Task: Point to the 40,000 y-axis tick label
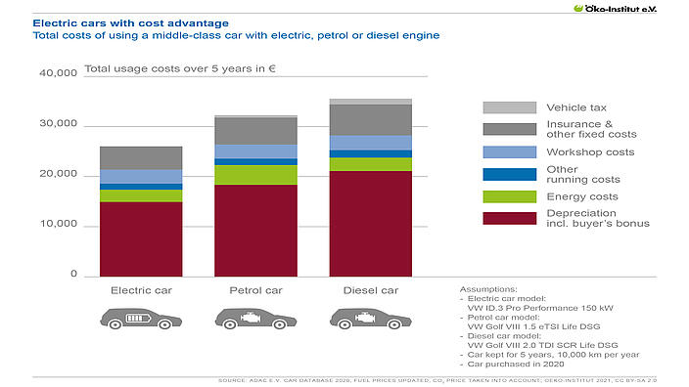[x=59, y=74]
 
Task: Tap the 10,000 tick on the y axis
[x=59, y=225]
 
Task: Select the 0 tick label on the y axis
[x=73, y=275]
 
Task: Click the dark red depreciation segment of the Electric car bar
[x=141, y=238]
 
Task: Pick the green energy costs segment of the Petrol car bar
[x=255, y=175]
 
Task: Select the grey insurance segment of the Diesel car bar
[x=370, y=119]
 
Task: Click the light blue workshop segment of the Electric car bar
[x=141, y=176]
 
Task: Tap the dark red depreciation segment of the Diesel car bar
[x=370, y=223]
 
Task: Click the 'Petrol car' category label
[x=255, y=290]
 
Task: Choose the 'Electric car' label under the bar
[x=141, y=290]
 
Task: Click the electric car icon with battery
[x=141, y=318]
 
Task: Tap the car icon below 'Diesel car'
[x=369, y=318]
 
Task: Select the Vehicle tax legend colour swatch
[x=509, y=107]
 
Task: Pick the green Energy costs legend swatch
[x=509, y=196]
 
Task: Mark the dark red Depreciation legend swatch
[x=509, y=218]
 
